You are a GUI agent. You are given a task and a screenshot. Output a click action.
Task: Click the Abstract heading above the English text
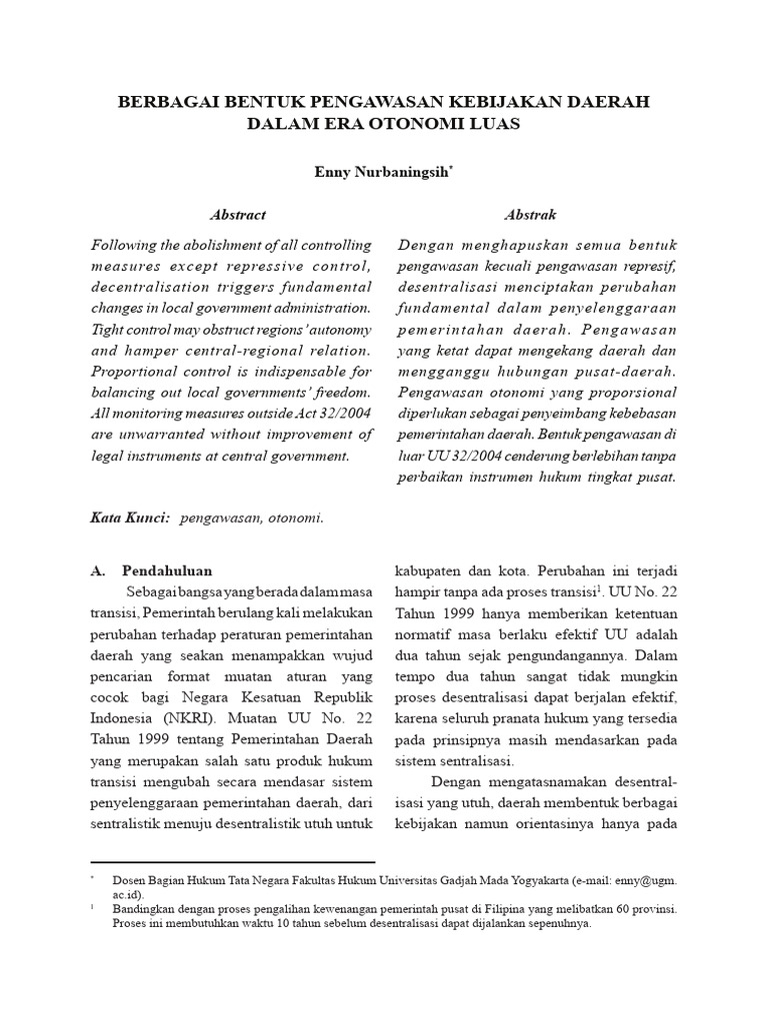(238, 215)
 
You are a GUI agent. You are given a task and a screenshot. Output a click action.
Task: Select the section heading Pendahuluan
(167, 571)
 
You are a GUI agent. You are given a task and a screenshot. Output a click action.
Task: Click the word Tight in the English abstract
(107, 329)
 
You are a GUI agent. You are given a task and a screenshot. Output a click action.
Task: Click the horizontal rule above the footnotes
(232, 861)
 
